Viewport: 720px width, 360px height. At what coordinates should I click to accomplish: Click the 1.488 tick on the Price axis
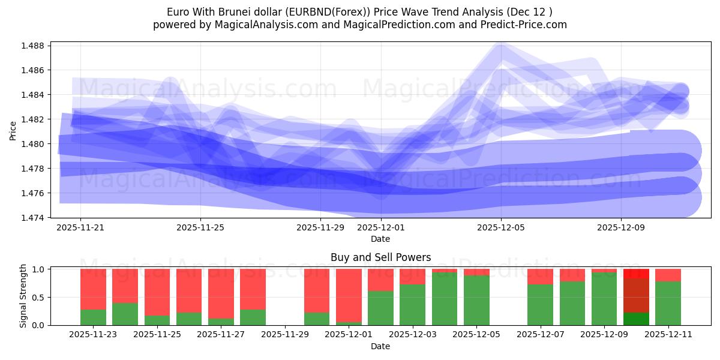click(34, 46)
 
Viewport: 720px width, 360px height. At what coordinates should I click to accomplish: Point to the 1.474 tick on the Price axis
click(34, 218)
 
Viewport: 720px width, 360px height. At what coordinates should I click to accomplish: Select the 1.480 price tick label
click(34, 144)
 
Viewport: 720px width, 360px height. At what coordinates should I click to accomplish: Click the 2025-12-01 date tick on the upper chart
click(380, 228)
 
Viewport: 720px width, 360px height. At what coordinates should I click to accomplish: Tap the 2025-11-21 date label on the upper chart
click(80, 228)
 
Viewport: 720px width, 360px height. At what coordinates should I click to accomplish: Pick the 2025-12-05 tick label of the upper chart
click(501, 228)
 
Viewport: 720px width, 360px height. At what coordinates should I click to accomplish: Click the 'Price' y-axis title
click(13, 130)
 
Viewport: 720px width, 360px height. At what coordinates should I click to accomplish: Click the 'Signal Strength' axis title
click(23, 296)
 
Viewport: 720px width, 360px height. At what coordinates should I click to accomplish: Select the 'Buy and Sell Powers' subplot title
click(380, 257)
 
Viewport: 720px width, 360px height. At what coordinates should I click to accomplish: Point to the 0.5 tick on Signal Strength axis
click(37, 298)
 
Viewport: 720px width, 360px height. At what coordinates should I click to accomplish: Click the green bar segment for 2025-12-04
click(445, 299)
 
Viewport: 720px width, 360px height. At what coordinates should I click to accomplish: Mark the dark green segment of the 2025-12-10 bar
click(636, 319)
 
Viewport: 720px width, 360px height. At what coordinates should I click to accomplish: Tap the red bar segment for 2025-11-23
click(93, 289)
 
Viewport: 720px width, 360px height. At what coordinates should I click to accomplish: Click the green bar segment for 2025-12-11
click(668, 303)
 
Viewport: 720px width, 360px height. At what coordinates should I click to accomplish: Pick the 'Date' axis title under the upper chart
click(380, 239)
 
